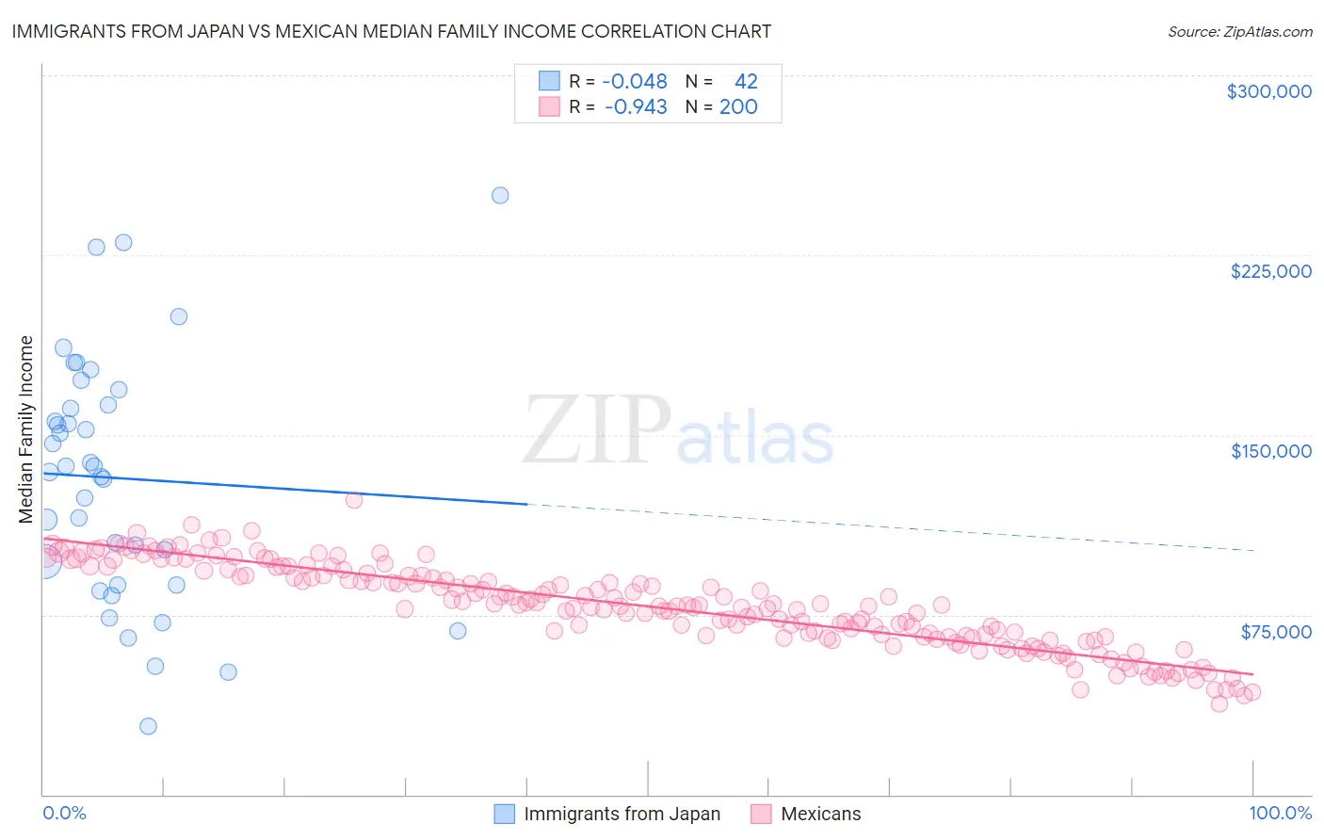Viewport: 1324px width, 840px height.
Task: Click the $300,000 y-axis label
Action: coord(1268,91)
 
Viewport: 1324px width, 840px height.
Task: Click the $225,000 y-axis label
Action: coord(1270,271)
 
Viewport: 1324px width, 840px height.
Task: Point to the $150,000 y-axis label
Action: coord(1270,451)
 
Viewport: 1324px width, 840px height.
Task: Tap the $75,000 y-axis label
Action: coord(1275,631)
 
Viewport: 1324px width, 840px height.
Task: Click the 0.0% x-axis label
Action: coord(64,813)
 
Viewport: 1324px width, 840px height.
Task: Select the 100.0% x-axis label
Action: coord(1280,813)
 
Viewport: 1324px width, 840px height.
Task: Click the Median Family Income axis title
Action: coord(26,429)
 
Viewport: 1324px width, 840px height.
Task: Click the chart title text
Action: coord(391,31)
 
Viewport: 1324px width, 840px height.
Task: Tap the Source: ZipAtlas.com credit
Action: coord(1239,31)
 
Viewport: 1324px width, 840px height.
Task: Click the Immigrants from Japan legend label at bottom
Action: coord(622,814)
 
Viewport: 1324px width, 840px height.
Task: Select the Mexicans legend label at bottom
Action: coord(820,814)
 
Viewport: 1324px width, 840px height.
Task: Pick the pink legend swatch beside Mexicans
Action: coord(761,814)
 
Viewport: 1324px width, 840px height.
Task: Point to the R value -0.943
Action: coord(635,106)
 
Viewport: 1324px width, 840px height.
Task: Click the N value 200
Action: coord(738,106)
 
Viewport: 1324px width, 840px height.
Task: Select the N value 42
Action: coord(746,81)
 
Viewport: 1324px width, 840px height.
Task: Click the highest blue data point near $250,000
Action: coord(500,195)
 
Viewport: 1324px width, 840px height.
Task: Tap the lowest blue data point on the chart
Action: coord(148,726)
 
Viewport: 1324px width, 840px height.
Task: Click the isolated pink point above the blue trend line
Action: coord(354,500)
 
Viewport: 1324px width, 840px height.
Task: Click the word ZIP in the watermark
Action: coord(597,430)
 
